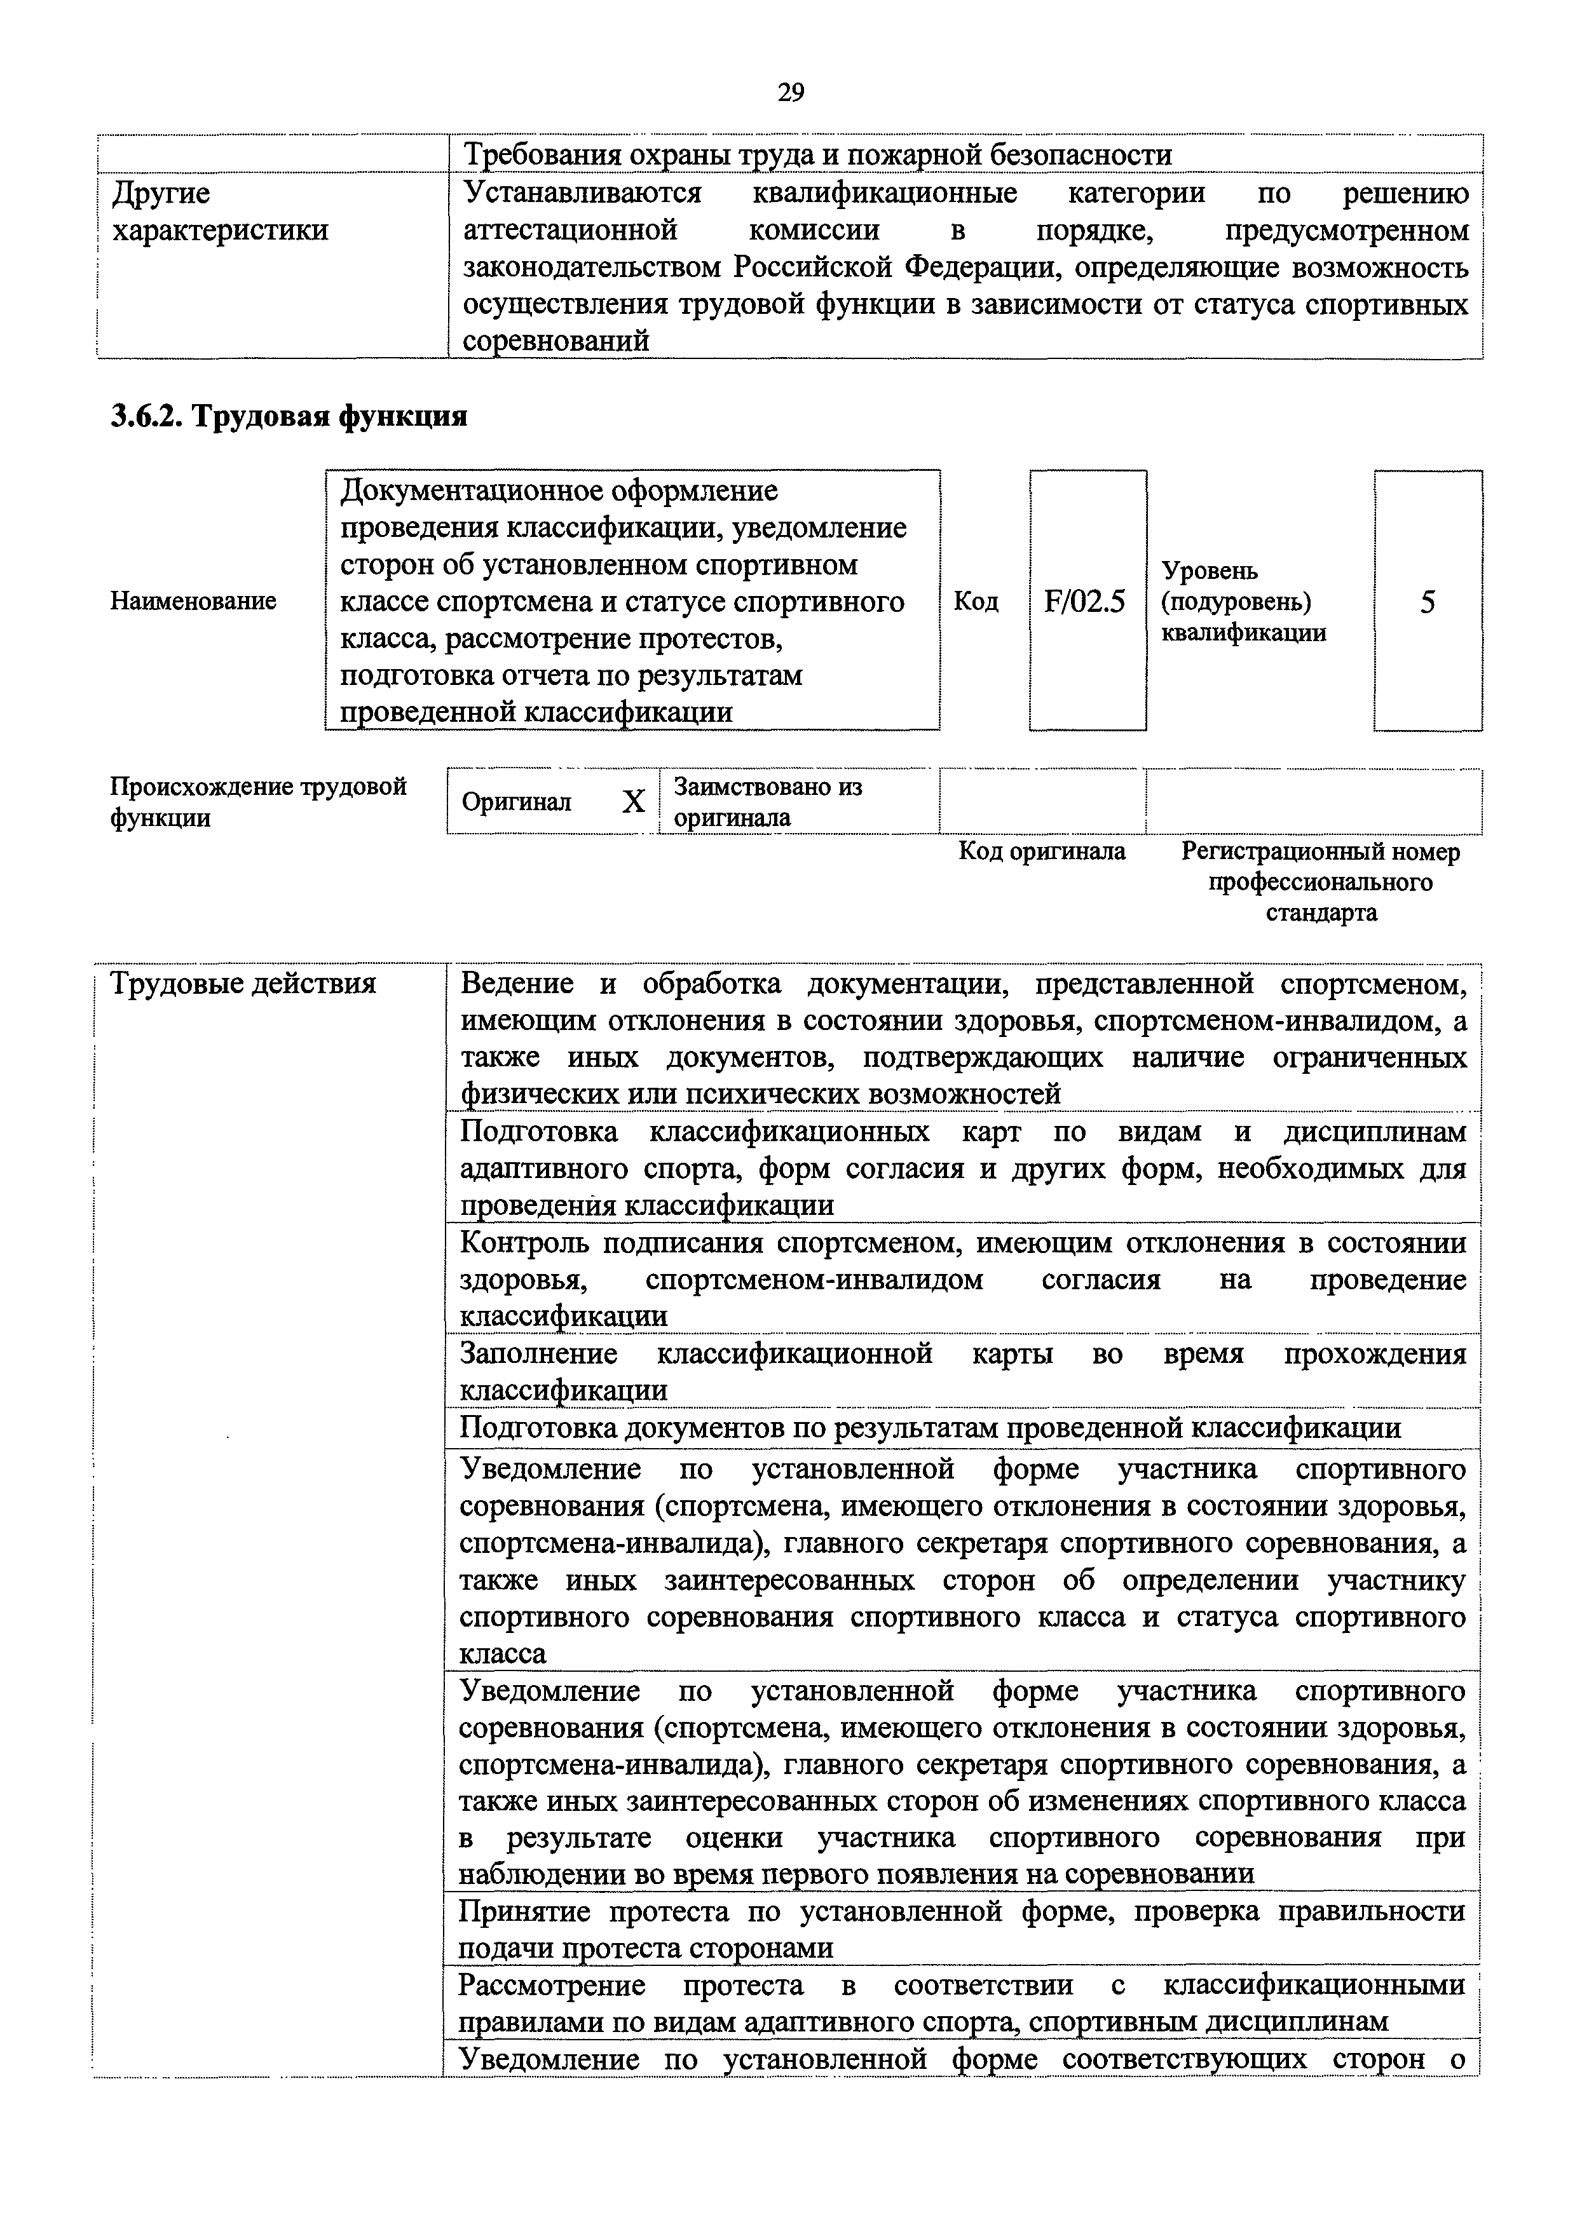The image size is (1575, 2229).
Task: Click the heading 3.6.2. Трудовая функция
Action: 289,416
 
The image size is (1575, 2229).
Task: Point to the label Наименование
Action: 193,601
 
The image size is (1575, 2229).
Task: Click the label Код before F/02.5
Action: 976,601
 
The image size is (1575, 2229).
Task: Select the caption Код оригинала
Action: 1042,851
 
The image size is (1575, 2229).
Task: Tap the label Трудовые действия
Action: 243,984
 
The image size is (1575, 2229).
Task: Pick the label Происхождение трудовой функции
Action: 258,801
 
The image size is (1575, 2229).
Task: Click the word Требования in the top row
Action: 539,154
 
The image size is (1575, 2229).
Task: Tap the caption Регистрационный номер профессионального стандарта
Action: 1321,881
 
